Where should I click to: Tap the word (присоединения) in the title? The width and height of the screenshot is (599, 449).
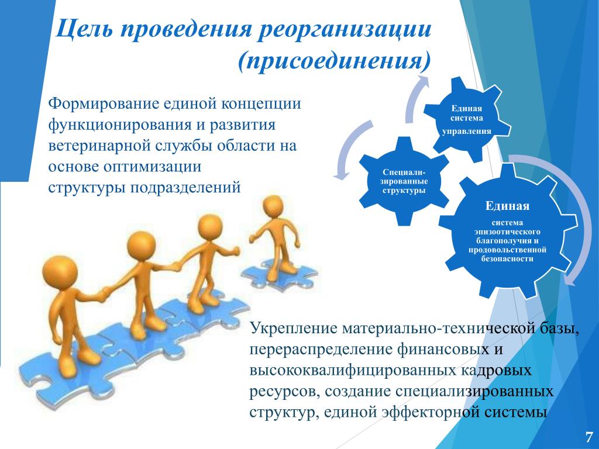(334, 61)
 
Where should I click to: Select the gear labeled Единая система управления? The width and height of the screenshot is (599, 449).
(467, 119)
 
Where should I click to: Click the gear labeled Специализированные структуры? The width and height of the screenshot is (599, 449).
(404, 181)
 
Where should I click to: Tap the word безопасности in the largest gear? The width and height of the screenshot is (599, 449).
(507, 259)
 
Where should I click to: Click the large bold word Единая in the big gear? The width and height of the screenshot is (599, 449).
(507, 206)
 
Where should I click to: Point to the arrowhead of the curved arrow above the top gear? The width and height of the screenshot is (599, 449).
(422, 80)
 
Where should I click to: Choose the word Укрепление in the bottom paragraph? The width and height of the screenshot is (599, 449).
(294, 329)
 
